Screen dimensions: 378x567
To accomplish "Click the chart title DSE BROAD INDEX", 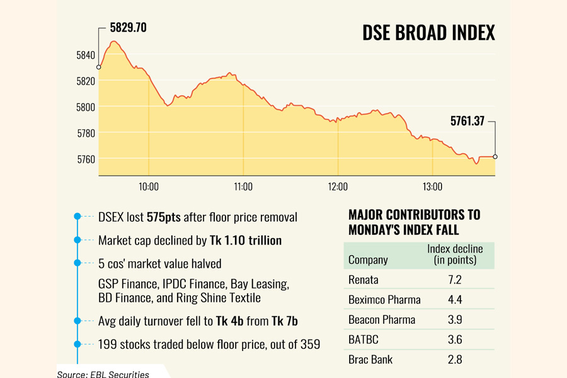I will tap(428, 33).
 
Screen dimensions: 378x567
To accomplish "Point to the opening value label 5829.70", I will tap(132, 28).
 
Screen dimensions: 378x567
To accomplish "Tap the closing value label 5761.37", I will tap(467, 122).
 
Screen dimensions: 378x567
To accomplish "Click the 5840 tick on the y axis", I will tap(85, 55).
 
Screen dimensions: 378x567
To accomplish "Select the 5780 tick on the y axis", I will tap(85, 133).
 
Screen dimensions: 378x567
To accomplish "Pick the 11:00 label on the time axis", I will tap(243, 186).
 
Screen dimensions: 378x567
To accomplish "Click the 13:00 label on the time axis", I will tap(433, 186).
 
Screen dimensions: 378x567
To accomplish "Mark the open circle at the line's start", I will tap(99, 67).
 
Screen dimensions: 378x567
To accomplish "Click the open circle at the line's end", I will tap(495, 157).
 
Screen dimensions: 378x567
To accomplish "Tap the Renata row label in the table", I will tap(363, 279).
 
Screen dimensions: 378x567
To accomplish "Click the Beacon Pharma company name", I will tap(382, 319).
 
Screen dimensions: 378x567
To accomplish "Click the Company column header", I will tap(368, 260).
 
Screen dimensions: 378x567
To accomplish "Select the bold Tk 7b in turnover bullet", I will tap(284, 321).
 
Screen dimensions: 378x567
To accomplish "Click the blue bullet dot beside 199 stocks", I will tap(77, 344).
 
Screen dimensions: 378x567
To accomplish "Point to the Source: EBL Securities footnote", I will tap(103, 374).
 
